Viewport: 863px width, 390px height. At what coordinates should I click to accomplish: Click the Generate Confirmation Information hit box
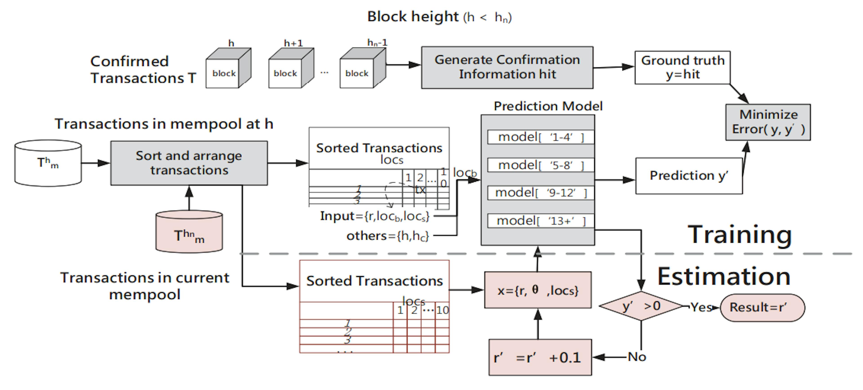coord(507,67)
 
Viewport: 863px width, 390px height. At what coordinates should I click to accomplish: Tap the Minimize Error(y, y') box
coord(768,122)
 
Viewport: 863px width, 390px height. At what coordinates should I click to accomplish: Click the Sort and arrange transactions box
coord(189,163)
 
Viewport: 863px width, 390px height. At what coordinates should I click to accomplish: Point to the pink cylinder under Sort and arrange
coord(189,232)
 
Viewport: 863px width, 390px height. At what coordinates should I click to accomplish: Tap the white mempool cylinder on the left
coord(48,163)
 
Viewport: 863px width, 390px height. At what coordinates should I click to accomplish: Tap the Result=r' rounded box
coord(762,307)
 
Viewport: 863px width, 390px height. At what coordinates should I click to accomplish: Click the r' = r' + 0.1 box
coord(540,357)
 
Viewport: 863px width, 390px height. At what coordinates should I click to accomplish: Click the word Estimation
coord(724,277)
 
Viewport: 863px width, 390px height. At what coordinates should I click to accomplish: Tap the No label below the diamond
coord(636,357)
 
